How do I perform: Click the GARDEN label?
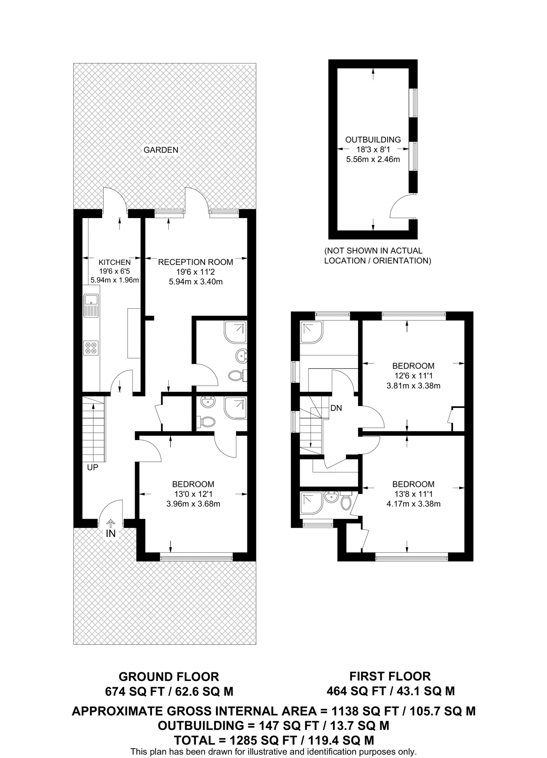(x=161, y=150)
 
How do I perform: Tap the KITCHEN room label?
(x=115, y=262)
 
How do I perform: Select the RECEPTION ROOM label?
(x=196, y=262)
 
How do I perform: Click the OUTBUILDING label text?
(x=373, y=140)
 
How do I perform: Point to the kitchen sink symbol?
(x=91, y=305)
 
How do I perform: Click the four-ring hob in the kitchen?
(x=91, y=348)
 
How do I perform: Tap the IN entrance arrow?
(x=111, y=523)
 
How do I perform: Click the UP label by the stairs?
(x=92, y=467)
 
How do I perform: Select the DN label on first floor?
(x=336, y=408)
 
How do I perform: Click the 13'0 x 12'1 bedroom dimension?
(x=193, y=494)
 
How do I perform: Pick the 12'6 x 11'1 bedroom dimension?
(x=413, y=376)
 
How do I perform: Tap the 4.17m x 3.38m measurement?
(x=413, y=504)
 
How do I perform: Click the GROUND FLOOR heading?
(x=169, y=677)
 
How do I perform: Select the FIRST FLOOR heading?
(x=390, y=676)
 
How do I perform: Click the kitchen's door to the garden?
(x=114, y=200)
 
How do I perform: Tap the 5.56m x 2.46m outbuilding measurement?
(x=373, y=160)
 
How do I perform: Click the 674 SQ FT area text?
(x=128, y=691)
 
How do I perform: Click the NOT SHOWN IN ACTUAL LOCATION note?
(x=377, y=256)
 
